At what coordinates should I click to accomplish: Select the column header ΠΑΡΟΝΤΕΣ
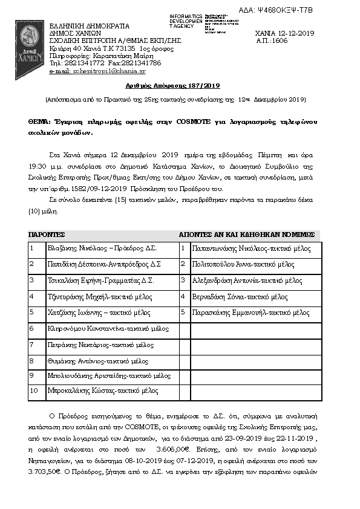pyautogui.click(x=47, y=234)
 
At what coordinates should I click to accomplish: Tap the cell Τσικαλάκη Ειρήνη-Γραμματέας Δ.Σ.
pyautogui.click(x=100, y=280)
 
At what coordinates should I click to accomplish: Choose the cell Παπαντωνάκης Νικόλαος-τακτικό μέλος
pyautogui.click(x=250, y=248)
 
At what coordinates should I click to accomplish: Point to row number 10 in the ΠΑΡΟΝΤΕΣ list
pyautogui.click(x=34, y=391)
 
